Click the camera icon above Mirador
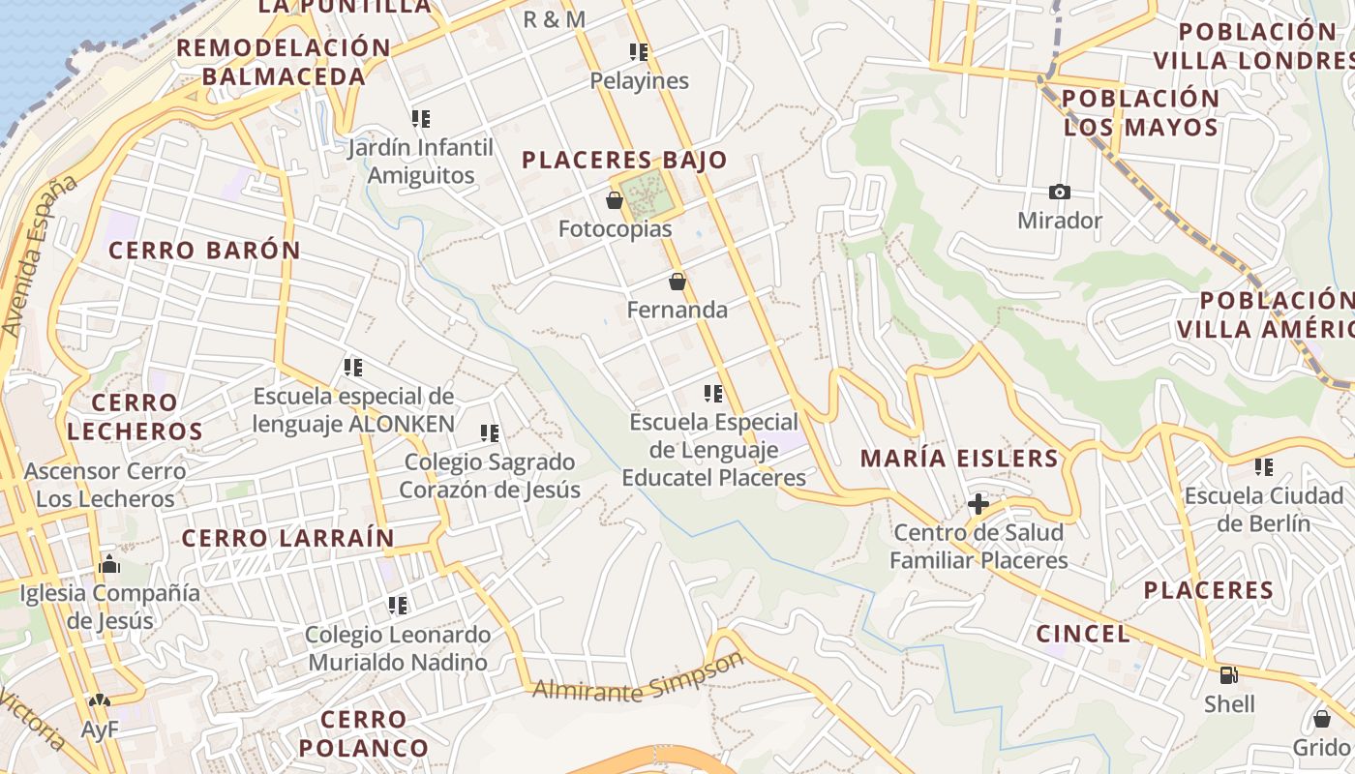(x=1060, y=193)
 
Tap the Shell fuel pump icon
(x=1229, y=675)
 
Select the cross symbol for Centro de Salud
(x=979, y=504)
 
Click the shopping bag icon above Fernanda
(x=677, y=282)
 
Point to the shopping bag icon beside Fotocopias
(x=614, y=200)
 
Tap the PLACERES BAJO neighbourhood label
(x=624, y=160)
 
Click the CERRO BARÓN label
(x=204, y=250)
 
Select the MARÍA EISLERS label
(x=960, y=458)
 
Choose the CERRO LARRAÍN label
(x=288, y=538)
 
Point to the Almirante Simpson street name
(x=639, y=678)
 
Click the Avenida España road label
(x=39, y=256)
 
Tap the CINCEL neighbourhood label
(x=1083, y=634)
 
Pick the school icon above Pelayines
(x=639, y=51)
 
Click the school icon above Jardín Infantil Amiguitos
(x=420, y=119)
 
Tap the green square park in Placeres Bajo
(x=647, y=194)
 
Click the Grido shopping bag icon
(x=1321, y=718)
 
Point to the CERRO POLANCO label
(x=363, y=733)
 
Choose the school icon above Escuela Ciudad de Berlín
(x=1263, y=467)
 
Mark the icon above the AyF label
(x=99, y=700)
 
